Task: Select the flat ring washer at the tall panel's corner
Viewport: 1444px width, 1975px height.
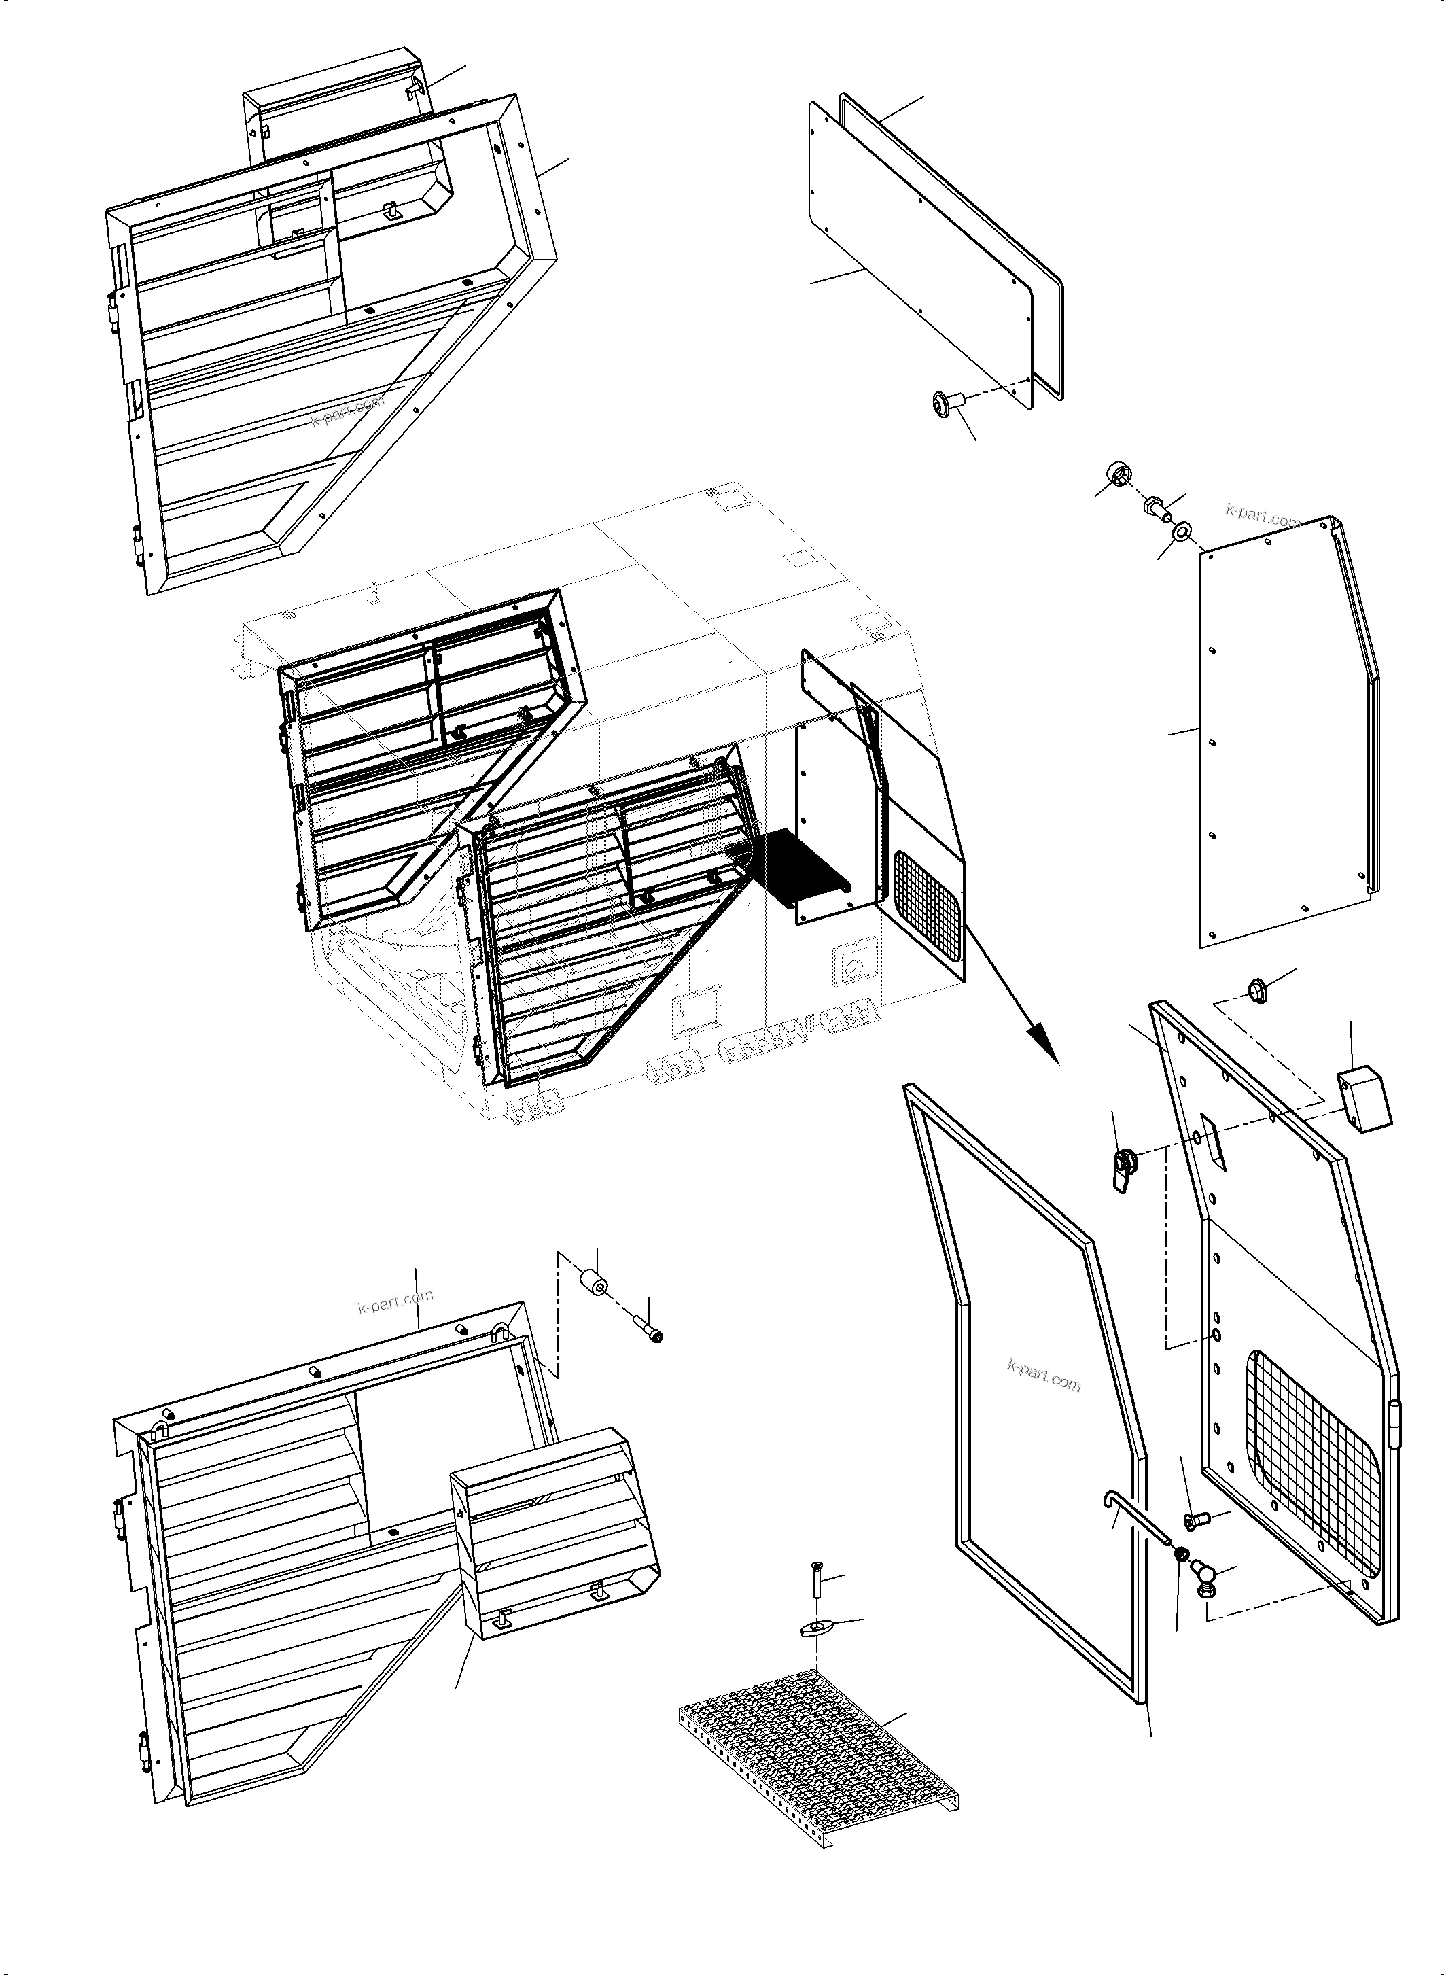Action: coord(1184,531)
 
